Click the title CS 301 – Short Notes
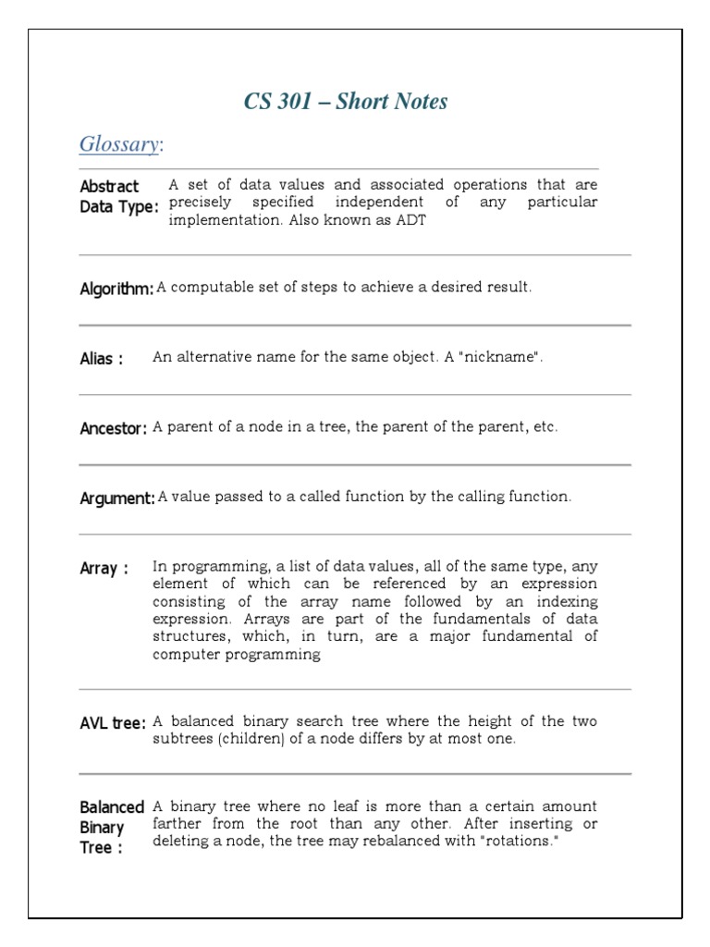(x=346, y=102)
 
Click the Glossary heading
(x=120, y=144)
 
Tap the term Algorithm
(x=116, y=289)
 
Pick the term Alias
(x=101, y=359)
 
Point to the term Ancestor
(x=113, y=428)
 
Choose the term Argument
(x=117, y=498)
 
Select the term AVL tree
(x=113, y=723)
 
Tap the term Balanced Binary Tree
(x=112, y=828)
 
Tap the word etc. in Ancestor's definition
(x=545, y=427)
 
